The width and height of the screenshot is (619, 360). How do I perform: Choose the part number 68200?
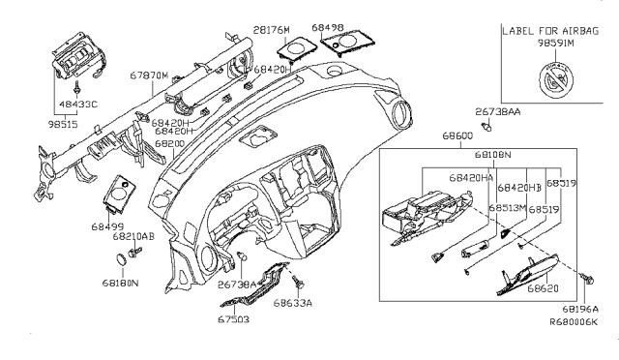click(169, 143)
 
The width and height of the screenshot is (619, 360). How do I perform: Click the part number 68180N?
click(121, 283)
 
